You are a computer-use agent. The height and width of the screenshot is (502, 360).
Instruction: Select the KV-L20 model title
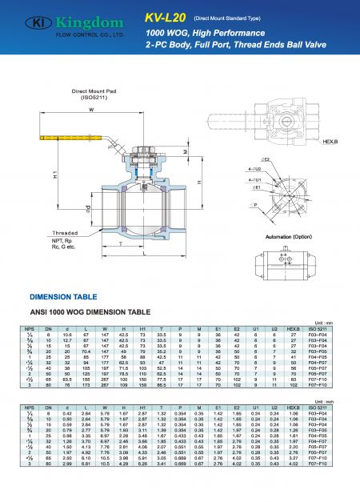pos(164,15)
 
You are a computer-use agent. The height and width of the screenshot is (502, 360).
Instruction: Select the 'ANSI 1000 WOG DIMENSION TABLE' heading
pos(101,310)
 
